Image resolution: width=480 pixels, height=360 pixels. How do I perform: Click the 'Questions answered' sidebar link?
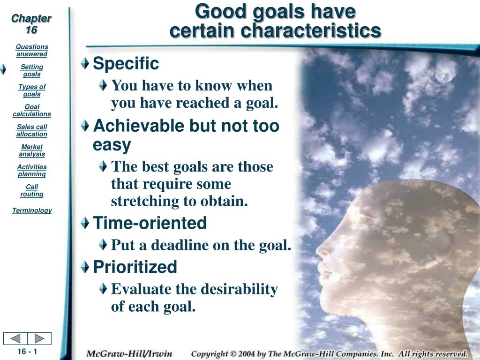[32, 51]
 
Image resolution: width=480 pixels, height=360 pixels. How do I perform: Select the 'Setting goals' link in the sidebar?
[32, 71]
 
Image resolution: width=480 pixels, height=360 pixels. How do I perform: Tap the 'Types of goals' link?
[32, 90]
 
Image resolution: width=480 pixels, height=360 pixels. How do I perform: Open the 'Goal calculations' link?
[32, 111]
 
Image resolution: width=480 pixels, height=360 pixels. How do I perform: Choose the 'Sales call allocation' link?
[32, 131]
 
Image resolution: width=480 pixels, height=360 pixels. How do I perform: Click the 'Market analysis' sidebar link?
[32, 150]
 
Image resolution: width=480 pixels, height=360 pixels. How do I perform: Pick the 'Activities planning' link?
[32, 171]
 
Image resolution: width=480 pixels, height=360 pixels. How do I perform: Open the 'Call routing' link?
[32, 190]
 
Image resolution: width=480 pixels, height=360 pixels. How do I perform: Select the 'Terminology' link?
[32, 210]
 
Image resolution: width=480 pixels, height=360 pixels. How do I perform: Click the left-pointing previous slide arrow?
[15, 338]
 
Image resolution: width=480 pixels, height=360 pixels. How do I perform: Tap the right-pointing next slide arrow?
[39, 338]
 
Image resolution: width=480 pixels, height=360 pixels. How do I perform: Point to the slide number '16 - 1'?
[27, 352]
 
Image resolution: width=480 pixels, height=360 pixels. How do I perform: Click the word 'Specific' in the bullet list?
[126, 64]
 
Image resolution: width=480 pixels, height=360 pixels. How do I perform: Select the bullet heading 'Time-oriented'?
[150, 223]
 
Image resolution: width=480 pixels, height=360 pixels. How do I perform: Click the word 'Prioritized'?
[135, 267]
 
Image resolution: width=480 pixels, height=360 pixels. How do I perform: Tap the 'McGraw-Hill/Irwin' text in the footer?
[129, 354]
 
